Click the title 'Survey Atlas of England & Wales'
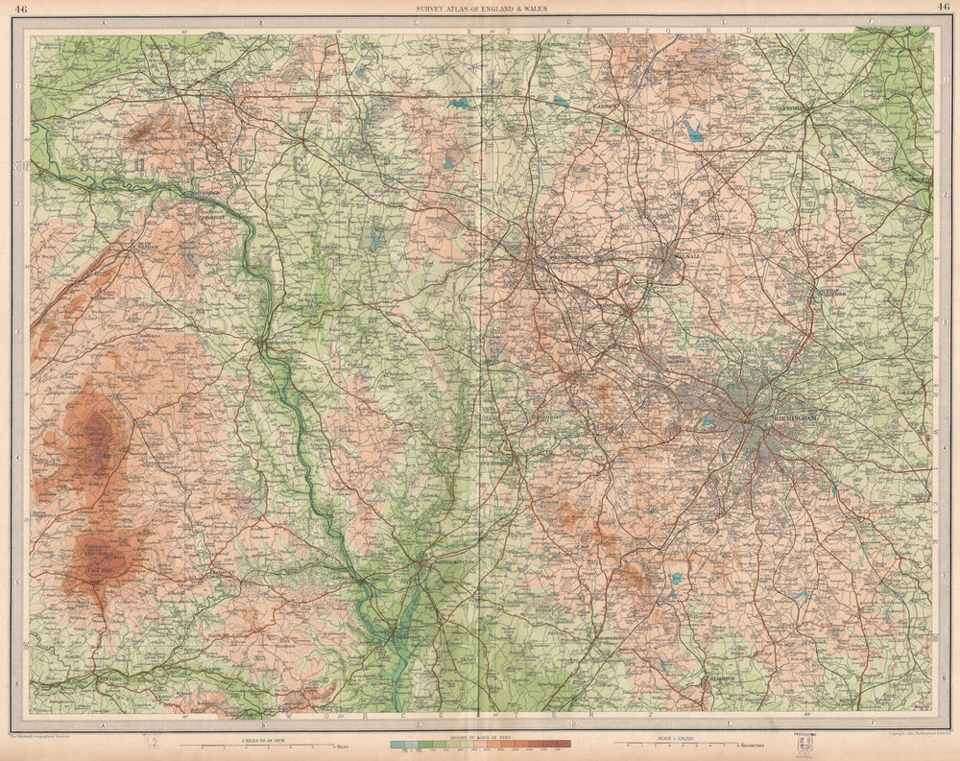click(479, 9)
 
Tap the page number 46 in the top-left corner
click(21, 9)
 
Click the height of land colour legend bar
click(480, 744)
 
